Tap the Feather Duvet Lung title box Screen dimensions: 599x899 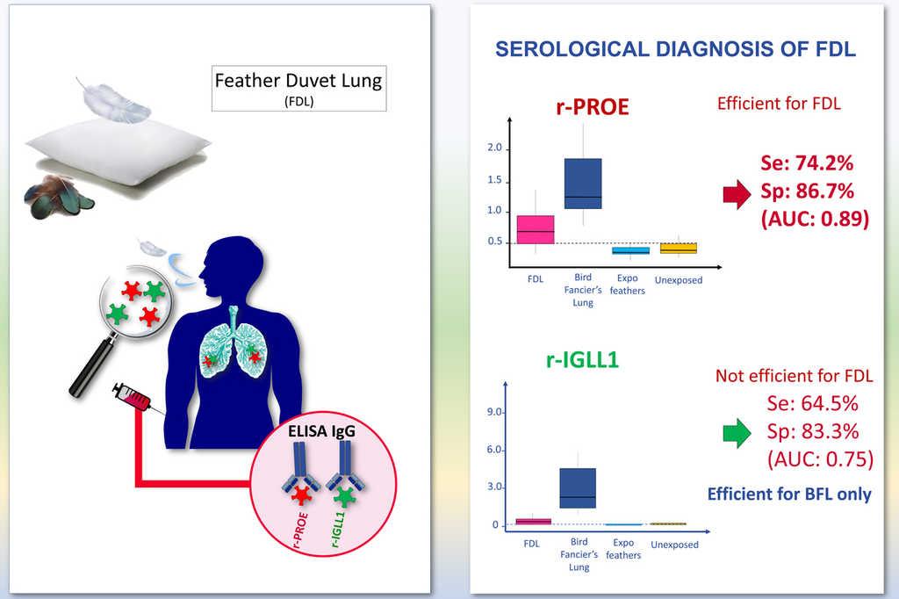(x=298, y=87)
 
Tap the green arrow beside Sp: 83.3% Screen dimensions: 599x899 (x=736, y=432)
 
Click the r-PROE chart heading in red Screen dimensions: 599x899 (x=593, y=107)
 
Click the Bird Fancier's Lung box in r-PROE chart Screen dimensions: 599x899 (x=583, y=184)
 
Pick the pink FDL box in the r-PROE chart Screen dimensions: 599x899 (x=534, y=229)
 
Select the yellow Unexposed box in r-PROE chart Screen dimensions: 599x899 (x=678, y=249)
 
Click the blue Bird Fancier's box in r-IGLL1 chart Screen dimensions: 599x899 (x=578, y=487)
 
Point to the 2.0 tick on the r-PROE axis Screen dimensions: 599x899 (x=494, y=148)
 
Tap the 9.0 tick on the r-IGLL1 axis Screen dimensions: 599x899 (x=493, y=412)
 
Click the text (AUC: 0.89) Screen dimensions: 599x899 (x=816, y=219)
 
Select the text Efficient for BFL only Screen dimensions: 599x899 (x=789, y=494)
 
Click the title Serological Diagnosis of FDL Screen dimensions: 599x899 (x=675, y=49)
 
